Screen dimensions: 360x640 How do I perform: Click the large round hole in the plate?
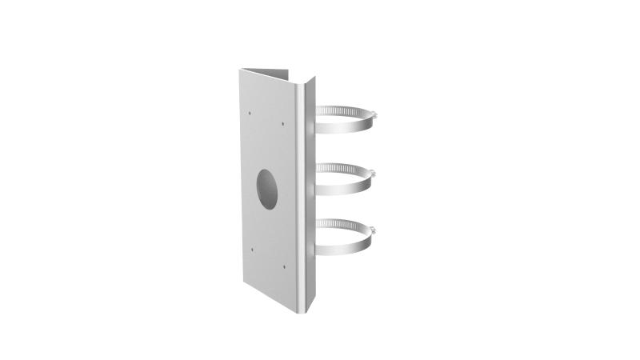266,189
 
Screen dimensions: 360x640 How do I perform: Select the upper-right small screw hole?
283,124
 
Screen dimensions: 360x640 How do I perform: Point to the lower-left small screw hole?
250,249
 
